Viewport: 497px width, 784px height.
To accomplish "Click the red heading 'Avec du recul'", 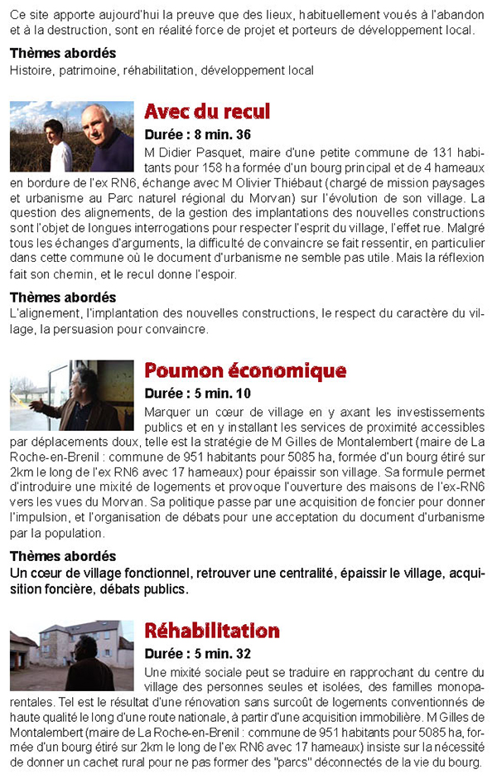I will [x=207, y=112].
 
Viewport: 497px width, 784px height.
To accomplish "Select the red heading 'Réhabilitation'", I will [x=212, y=631].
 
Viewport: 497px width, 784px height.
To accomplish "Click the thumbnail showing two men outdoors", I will [x=72, y=137].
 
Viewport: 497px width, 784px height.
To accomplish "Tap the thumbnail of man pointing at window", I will [x=72, y=395].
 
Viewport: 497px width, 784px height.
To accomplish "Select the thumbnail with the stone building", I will [x=72, y=656].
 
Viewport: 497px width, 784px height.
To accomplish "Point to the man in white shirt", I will [x=58, y=146].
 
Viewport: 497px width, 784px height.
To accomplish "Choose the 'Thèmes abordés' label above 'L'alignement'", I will [x=63, y=297].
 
